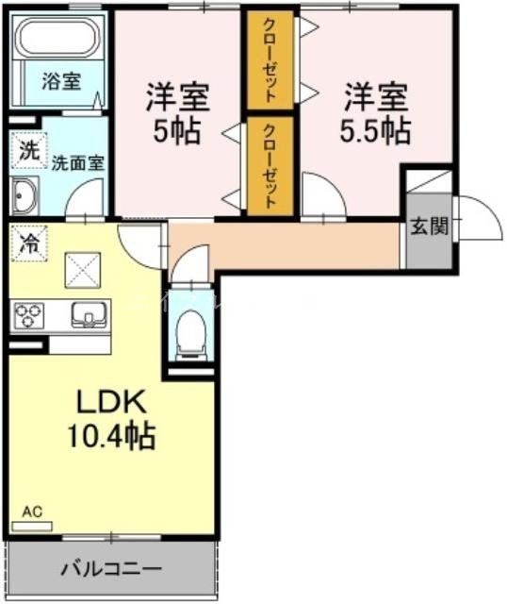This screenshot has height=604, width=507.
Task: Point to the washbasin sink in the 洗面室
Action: [x=24, y=196]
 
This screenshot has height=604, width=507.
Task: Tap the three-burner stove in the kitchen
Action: [x=28, y=313]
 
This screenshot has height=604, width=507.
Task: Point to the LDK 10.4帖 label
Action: [x=110, y=419]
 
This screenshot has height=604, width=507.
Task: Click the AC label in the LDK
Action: [x=32, y=513]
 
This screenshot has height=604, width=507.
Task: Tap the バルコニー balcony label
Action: [x=111, y=569]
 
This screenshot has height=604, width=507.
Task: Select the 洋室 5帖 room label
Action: [x=176, y=112]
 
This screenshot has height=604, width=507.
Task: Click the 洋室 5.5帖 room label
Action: [x=374, y=112]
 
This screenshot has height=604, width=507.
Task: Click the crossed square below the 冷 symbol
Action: [x=81, y=271]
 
